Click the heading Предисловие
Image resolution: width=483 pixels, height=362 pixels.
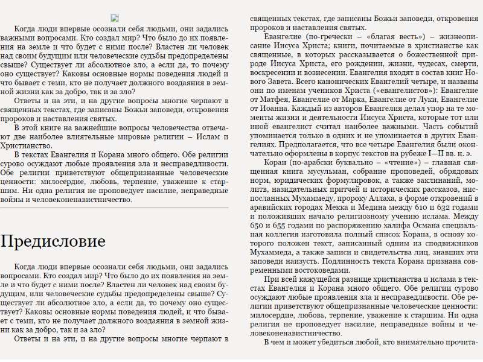pos(53,241)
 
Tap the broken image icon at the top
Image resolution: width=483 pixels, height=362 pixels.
pos(115,18)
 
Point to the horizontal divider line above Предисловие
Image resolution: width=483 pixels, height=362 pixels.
pos(114,208)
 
